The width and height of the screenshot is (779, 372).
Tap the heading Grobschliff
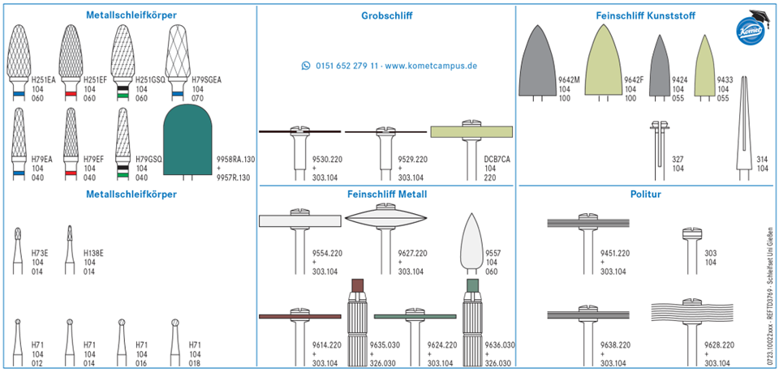tap(387, 15)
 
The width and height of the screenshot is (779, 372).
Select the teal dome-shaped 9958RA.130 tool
tap(187, 140)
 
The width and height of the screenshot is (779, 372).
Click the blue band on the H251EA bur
tap(19, 93)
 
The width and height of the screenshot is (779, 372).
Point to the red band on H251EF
tap(71, 93)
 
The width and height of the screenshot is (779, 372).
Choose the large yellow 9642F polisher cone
tap(604, 61)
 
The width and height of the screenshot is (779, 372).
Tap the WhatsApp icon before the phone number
tap(306, 66)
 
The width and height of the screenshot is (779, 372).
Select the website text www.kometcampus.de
tap(431, 66)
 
